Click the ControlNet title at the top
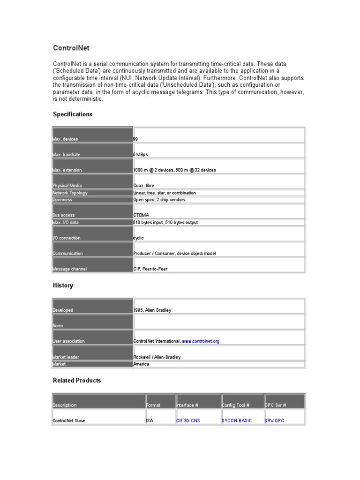coord(71,48)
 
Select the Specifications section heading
coord(73,114)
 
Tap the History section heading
coord(63,285)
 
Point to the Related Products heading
coord(77,380)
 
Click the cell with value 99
coord(135,139)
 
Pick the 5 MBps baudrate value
coord(141,155)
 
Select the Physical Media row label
coord(67,186)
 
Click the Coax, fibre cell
coord(143,186)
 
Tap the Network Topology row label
coord(70,193)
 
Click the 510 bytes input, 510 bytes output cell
coord(165,222)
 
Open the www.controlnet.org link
coord(201,341)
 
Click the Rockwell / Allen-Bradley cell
coord(157,357)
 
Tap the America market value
coord(141,364)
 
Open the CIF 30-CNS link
coord(188,420)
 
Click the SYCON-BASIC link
coord(237,420)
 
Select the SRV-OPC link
coord(274,420)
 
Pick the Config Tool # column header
coord(236,405)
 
